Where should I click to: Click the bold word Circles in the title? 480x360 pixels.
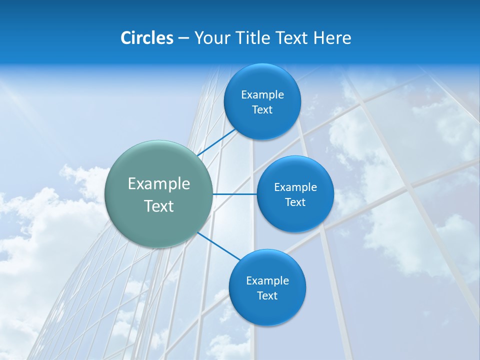coord(146,38)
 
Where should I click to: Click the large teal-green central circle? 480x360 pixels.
coord(158,194)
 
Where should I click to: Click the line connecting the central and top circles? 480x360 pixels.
coord(217,141)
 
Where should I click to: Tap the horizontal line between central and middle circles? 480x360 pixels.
coord(234,194)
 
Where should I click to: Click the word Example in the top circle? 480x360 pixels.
coord(262,94)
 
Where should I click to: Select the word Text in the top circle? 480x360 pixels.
coord(262,110)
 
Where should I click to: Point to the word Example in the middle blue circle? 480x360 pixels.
coord(295,187)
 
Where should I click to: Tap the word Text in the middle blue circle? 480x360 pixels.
coord(295,202)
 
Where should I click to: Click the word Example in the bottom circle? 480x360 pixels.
coord(267,280)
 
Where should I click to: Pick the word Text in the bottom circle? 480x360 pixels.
coord(267,296)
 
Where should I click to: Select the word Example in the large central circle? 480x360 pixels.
coord(158,183)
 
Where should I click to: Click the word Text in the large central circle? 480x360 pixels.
coord(158,205)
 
